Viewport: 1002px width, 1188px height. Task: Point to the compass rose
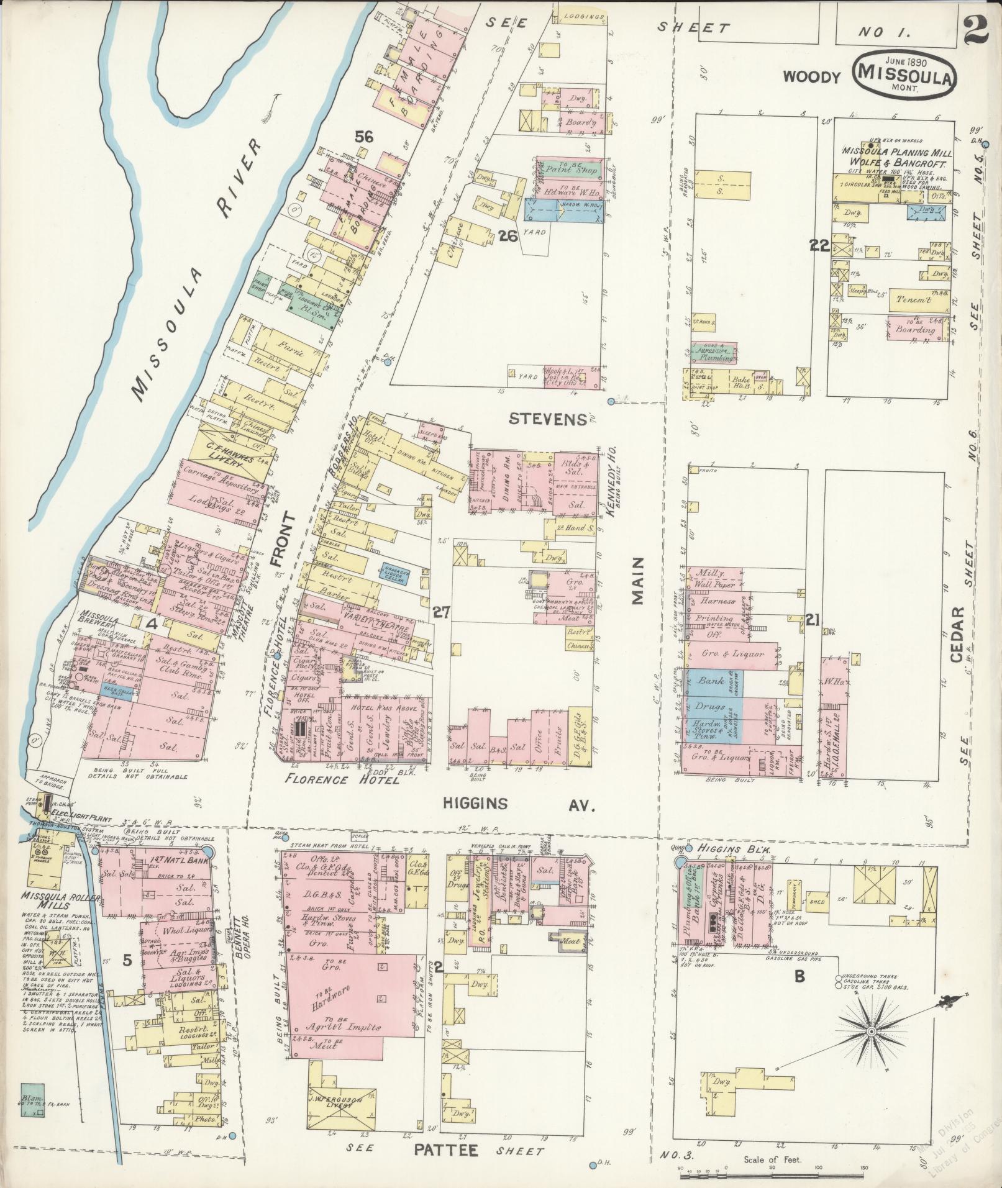(870, 1032)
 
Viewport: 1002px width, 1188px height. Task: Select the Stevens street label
(547, 419)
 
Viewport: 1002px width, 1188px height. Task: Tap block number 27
(441, 613)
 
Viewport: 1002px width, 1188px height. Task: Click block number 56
(364, 137)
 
